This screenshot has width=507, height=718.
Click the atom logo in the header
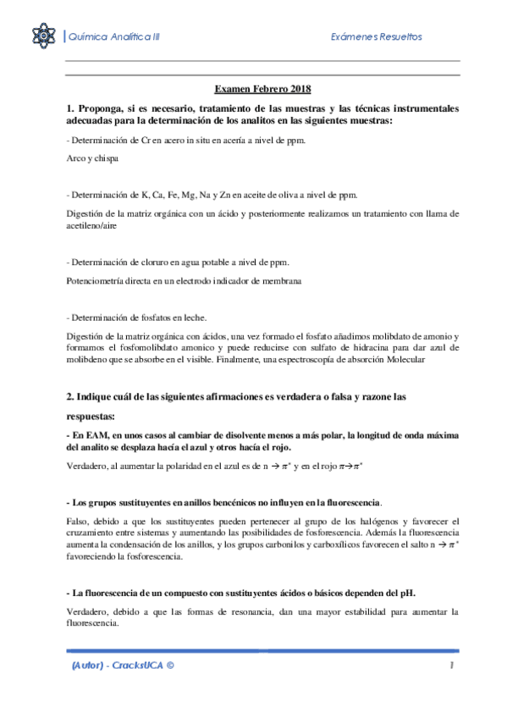(x=42, y=36)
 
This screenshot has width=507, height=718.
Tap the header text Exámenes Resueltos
(x=376, y=36)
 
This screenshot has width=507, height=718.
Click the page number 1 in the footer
(x=453, y=666)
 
